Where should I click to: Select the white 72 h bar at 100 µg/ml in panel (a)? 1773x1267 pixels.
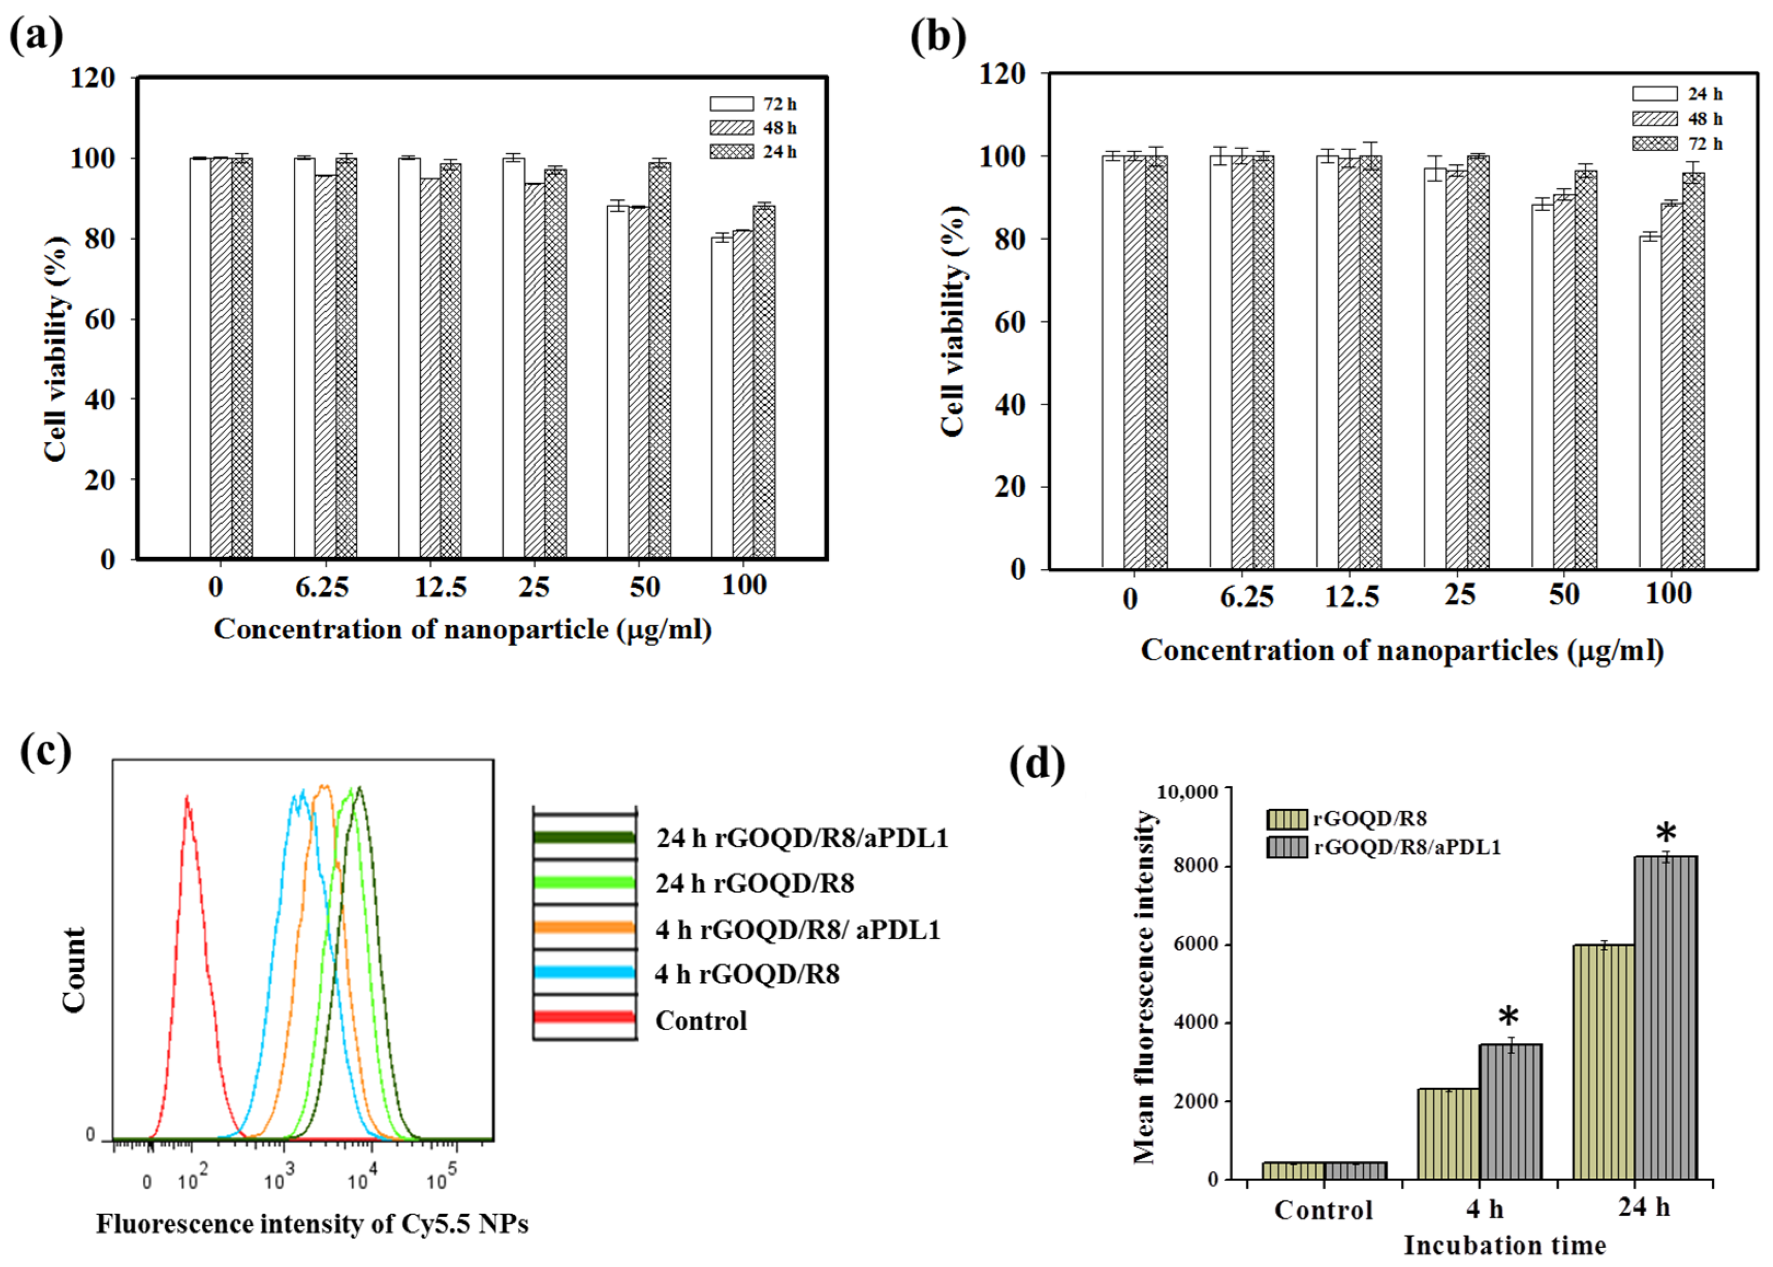(721, 397)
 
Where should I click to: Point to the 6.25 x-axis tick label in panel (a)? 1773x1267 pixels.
(321, 587)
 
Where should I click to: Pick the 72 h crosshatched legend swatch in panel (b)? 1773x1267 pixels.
(1654, 143)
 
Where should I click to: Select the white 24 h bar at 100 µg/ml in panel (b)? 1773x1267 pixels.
(1648, 402)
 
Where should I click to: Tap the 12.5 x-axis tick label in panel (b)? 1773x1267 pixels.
(1351, 597)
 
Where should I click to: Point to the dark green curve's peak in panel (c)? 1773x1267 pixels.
(359, 790)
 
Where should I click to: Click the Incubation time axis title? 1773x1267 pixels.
(1504, 1245)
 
